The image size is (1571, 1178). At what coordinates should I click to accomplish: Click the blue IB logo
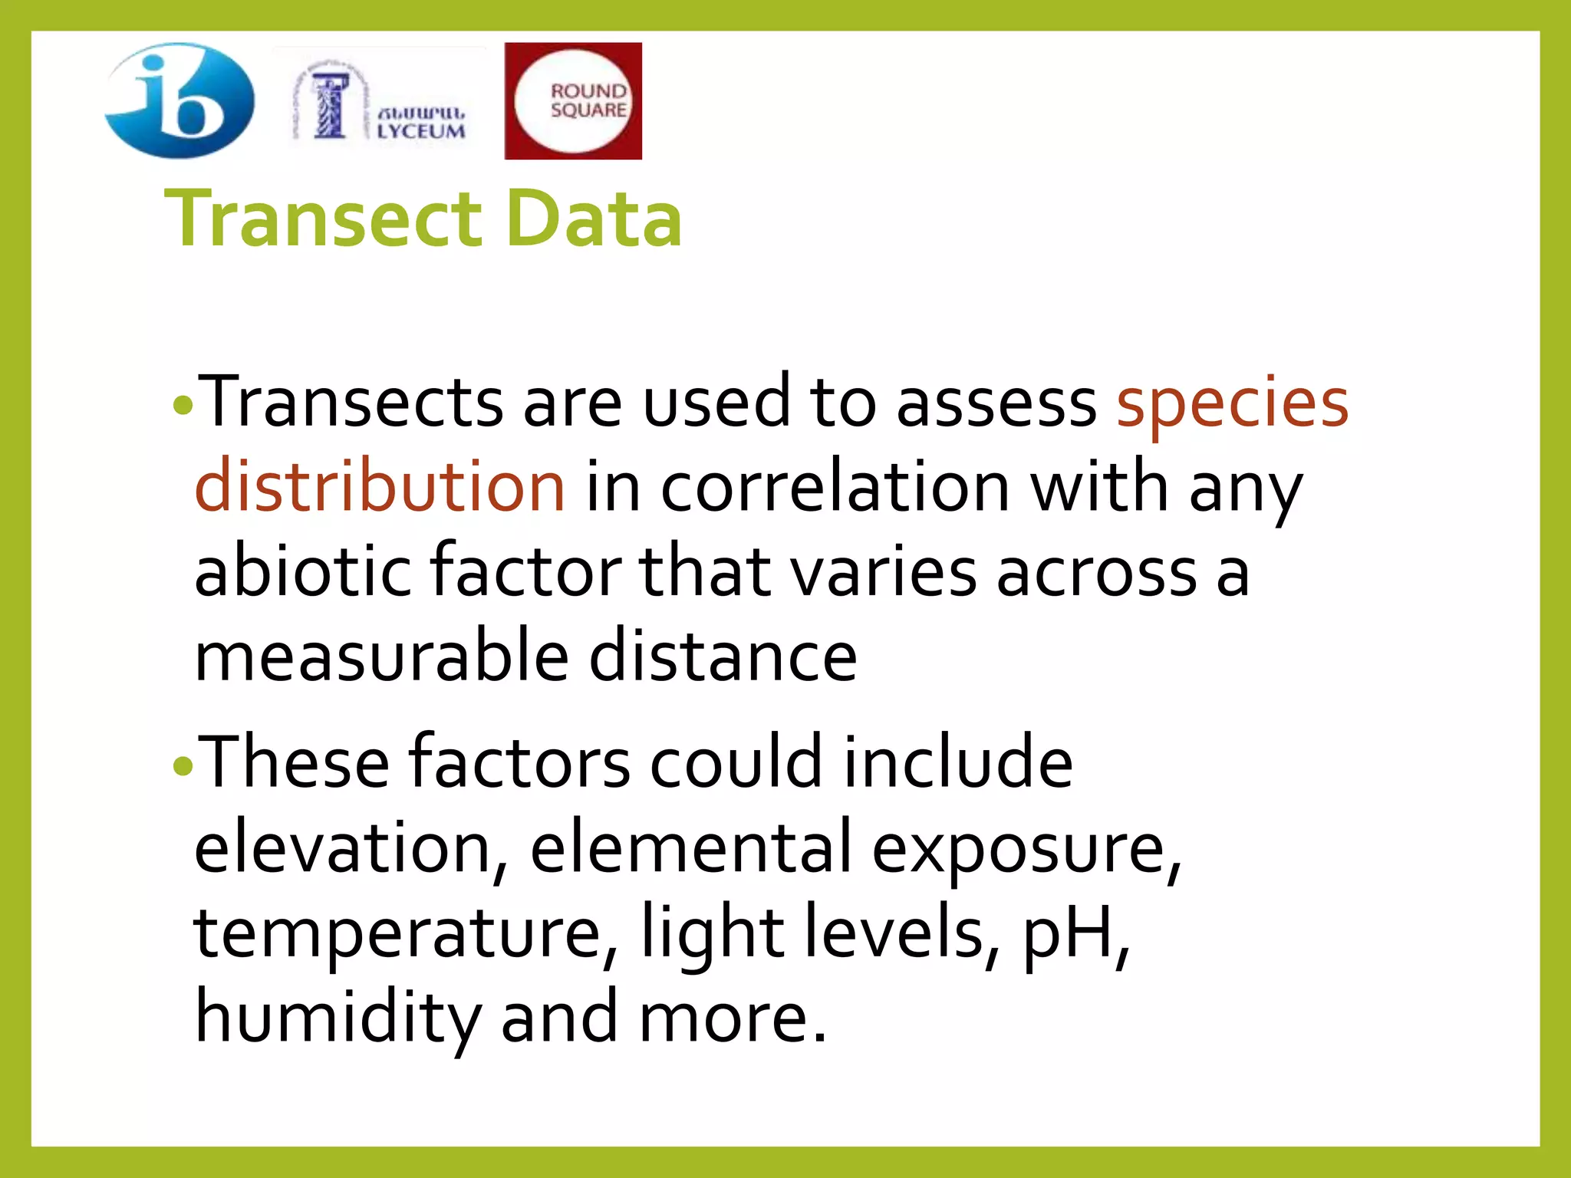point(179,100)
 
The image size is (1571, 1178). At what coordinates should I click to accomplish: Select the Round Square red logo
point(573,100)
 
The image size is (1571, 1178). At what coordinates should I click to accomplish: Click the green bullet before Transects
point(183,404)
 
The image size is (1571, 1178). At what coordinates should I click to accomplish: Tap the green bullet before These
point(183,765)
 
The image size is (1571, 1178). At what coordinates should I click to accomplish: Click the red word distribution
point(380,486)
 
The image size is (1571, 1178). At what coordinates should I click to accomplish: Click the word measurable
point(381,656)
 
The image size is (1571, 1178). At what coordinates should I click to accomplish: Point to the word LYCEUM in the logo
point(421,131)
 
